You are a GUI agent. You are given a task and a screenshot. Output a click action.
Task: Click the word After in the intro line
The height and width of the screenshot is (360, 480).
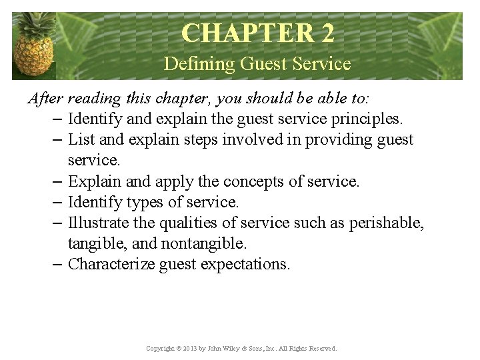(x=45, y=99)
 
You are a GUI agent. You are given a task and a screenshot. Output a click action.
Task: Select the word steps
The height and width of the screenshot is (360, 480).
(x=197, y=140)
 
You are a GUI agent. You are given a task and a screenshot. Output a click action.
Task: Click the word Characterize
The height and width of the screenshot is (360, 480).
(x=111, y=264)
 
